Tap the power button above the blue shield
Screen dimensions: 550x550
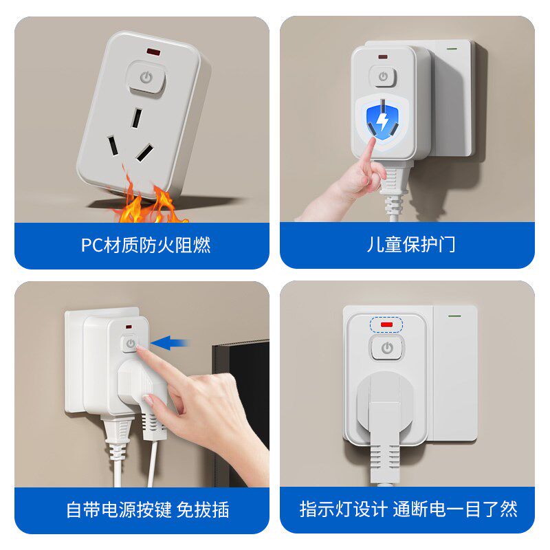383,76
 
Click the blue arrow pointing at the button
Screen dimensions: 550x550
170,342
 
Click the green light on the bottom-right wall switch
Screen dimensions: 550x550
454,317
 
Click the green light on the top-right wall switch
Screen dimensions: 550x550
452,49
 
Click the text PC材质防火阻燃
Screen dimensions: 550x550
146,245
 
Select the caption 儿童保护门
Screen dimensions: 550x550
410,245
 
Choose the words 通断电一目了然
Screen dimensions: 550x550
454,509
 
